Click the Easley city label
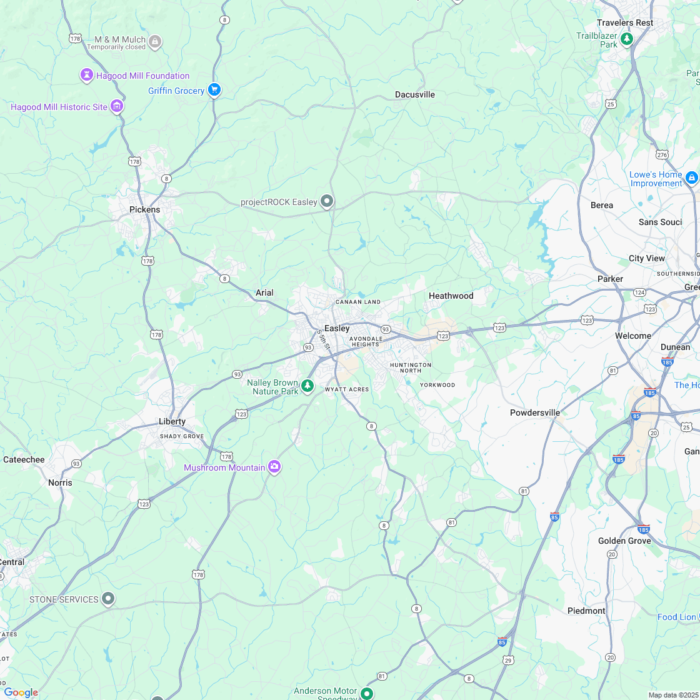(337, 329)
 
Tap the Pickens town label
(144, 209)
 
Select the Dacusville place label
(415, 94)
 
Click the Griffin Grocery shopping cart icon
(214, 90)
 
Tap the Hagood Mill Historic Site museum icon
(116, 106)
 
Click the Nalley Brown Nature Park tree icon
(307, 386)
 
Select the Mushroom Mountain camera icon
(274, 467)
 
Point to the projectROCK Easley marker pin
(326, 201)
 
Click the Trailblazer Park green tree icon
(627, 39)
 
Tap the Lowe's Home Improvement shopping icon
(691, 178)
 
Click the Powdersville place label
(535, 412)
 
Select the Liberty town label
(172, 421)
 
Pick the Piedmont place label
(586, 611)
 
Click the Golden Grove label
(624, 541)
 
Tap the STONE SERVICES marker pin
(108, 599)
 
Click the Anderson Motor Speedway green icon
(367, 693)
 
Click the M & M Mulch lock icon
(155, 42)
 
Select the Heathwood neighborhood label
(451, 296)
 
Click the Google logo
(21, 692)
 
